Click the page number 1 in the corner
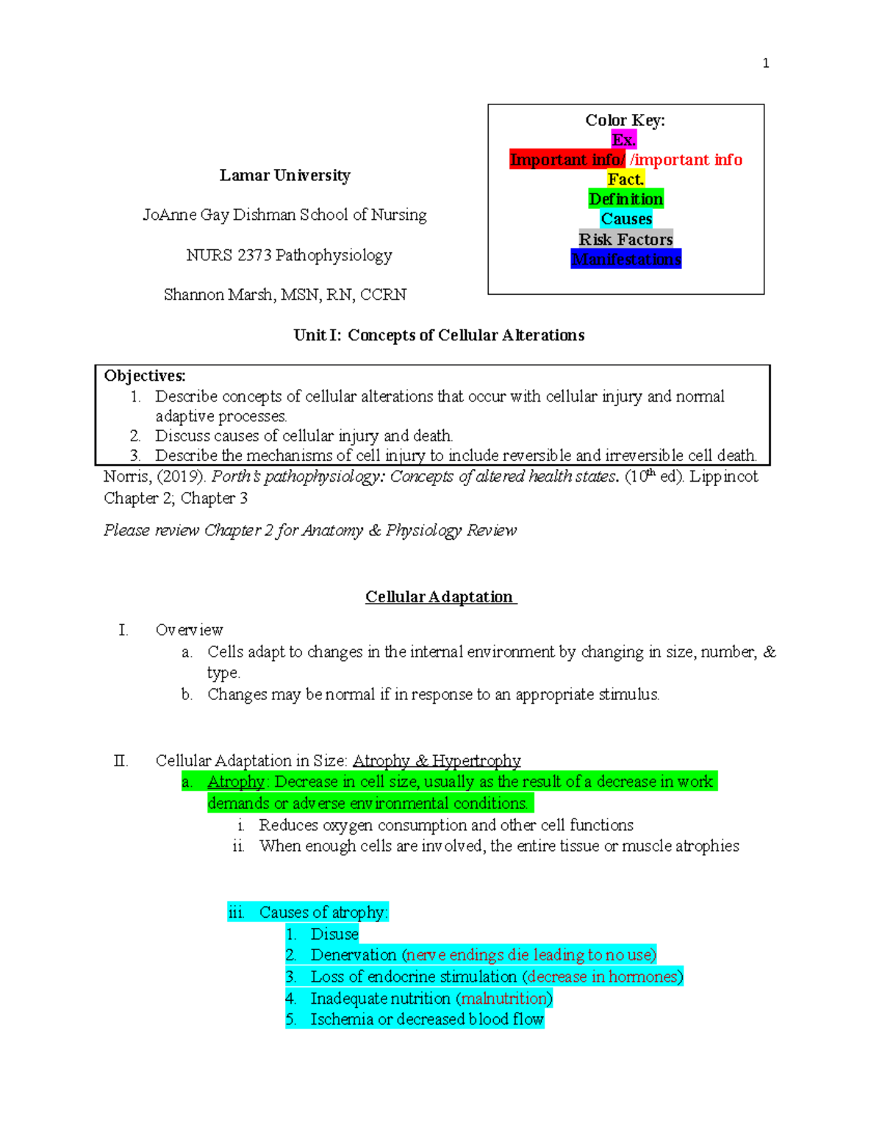click(766, 63)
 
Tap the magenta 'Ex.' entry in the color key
click(624, 140)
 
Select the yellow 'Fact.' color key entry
click(625, 179)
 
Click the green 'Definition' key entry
click(625, 199)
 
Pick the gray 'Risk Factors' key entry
click(625, 239)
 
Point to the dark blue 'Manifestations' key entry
click(625, 259)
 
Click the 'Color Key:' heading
click(625, 120)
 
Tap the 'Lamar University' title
click(284, 175)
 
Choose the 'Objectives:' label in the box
click(145, 376)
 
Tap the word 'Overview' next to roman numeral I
click(189, 630)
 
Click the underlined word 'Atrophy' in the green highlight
click(235, 782)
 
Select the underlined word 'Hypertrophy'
click(476, 760)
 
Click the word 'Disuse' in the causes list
click(334, 934)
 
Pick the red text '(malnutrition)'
click(504, 999)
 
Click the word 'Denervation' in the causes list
click(354, 955)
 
